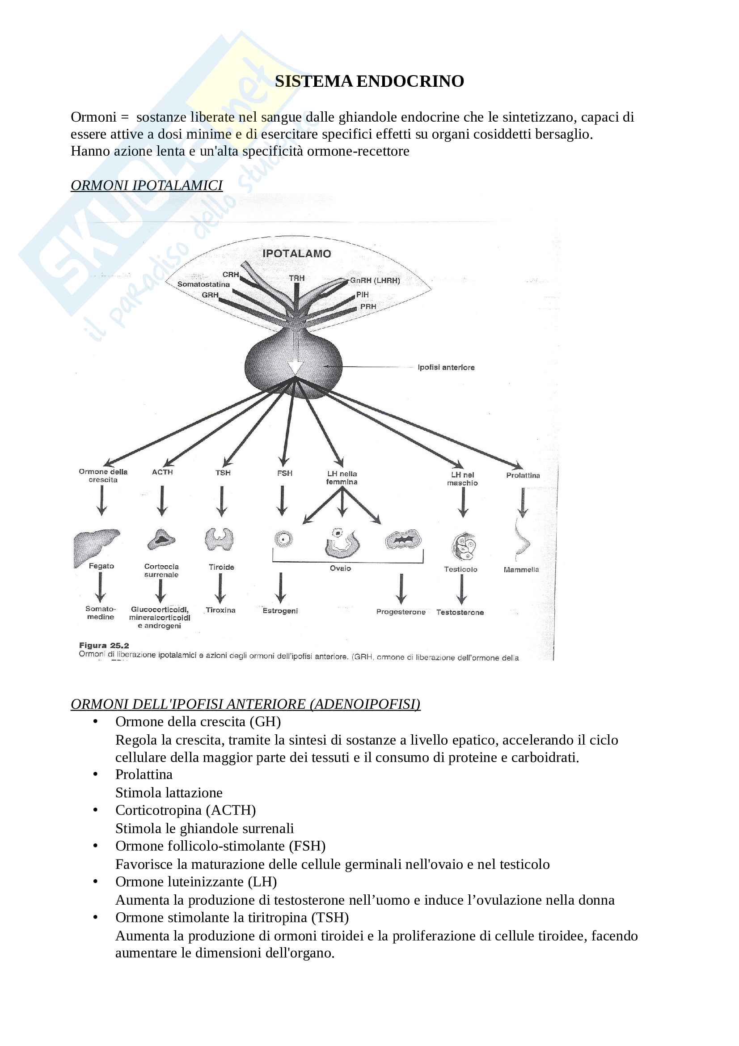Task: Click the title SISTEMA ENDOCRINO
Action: (369, 81)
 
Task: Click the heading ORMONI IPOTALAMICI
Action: (147, 186)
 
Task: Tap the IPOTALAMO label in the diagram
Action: (296, 254)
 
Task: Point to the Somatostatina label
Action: (203, 284)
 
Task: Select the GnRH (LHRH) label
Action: (375, 281)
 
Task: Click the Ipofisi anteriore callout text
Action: (446, 367)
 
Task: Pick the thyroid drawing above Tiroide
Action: (220, 540)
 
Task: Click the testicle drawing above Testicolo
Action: (463, 546)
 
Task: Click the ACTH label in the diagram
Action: (162, 472)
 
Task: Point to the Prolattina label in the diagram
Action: (523, 475)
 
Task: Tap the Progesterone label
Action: (401, 612)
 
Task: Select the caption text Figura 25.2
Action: (104, 645)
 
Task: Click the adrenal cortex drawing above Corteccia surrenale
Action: (161, 539)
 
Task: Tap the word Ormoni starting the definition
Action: (93, 117)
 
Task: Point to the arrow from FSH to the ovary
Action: (282, 500)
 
